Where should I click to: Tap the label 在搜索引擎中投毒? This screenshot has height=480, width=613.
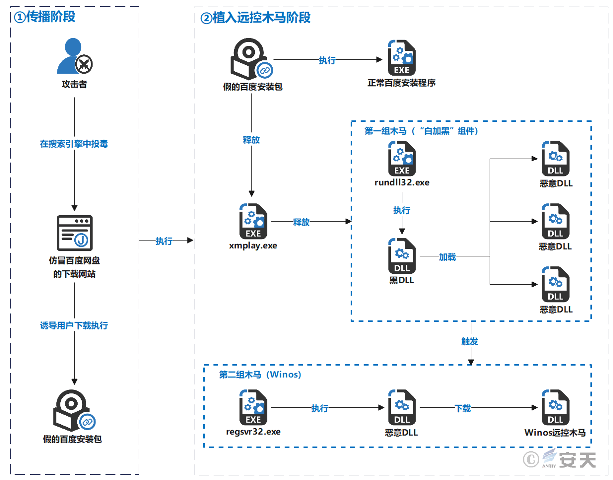pos(74,144)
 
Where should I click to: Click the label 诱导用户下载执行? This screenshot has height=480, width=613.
pos(74,326)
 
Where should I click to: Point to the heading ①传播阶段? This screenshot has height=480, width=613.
pos(45,17)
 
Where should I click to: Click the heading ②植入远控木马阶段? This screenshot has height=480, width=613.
pos(255,18)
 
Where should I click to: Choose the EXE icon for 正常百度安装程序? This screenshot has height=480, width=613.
pos(402,59)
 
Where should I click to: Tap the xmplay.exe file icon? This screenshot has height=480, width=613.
pos(253,221)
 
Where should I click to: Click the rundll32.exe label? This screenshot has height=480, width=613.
pos(402,183)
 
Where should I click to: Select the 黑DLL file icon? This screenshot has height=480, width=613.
pos(402,256)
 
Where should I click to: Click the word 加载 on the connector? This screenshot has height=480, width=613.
pos(447,257)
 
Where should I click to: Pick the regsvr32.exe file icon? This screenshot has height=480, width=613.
pos(253,408)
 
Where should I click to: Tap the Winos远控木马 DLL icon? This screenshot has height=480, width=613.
pos(555,408)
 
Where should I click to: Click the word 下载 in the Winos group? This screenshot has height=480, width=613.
pos(462,408)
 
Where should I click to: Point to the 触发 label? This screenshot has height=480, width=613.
pos(470,342)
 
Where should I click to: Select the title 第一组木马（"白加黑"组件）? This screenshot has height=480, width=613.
pos(422,131)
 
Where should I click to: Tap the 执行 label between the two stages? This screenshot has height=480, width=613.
pos(164,241)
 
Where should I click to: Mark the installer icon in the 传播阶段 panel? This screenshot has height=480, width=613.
pos(74,410)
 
